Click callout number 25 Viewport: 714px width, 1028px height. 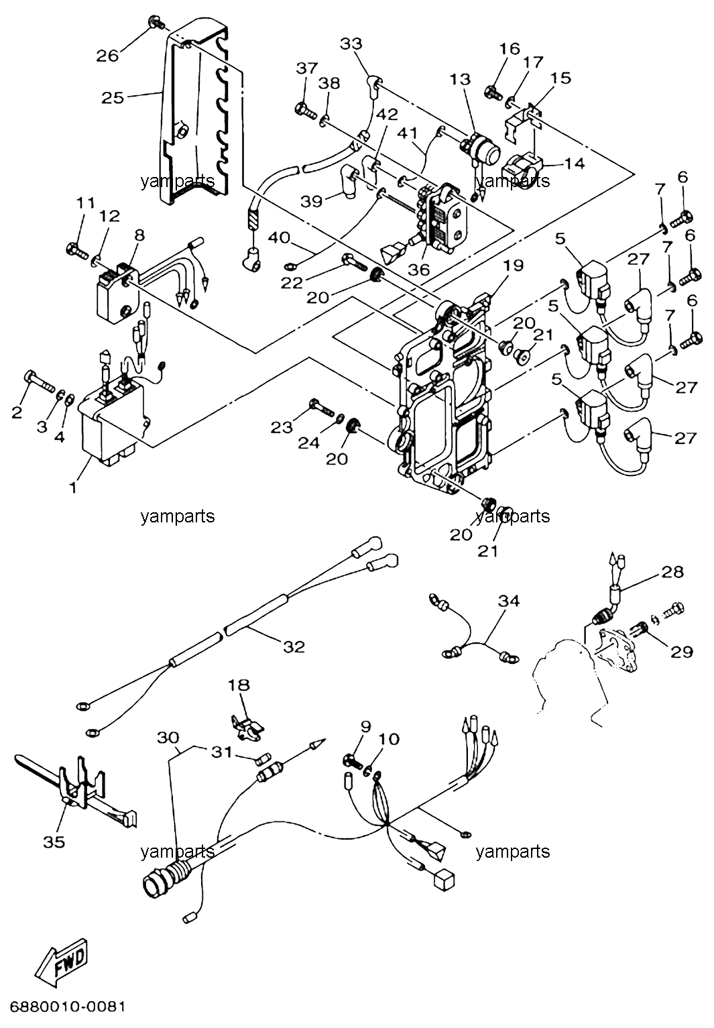113,98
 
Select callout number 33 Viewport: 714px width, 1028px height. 351,44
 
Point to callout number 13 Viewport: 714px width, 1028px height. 461,79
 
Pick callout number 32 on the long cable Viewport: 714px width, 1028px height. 294,646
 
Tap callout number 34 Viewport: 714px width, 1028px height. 509,600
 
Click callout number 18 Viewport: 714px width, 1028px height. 239,685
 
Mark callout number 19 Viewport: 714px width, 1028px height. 513,266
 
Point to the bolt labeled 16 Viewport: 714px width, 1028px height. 493,91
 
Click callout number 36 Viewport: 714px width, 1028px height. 418,270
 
